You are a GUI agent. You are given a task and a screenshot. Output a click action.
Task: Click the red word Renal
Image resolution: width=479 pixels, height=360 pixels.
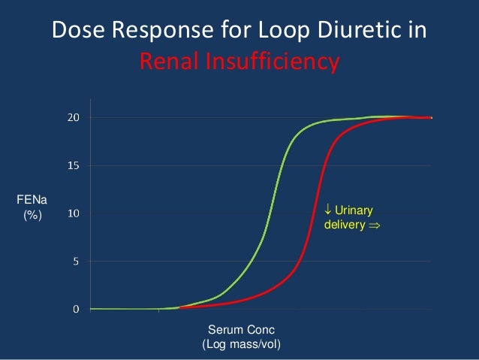[173, 61]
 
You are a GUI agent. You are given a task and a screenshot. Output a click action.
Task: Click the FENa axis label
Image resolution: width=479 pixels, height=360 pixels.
[31, 200]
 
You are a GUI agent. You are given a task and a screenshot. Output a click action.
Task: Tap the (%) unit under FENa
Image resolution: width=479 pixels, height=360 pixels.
[31, 216]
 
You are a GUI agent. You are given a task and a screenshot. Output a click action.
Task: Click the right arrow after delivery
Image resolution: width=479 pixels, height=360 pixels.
[373, 225]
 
